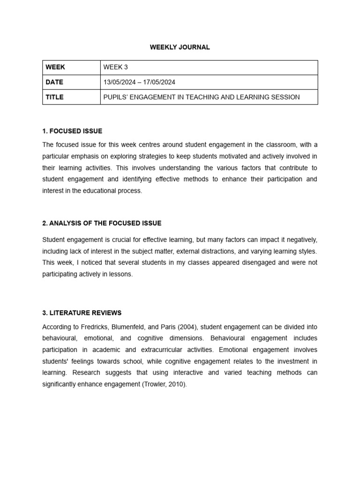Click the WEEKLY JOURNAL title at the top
tap(180, 47)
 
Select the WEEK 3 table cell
tap(115, 67)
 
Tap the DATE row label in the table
tap(54, 82)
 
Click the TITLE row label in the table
tap(54, 97)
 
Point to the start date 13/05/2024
tap(120, 82)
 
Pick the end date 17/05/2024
tap(159, 82)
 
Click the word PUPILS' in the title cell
tap(117, 97)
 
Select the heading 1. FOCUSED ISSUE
tap(72, 131)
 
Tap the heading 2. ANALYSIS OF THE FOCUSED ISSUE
tap(102, 224)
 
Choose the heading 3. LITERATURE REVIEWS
tap(82, 313)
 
